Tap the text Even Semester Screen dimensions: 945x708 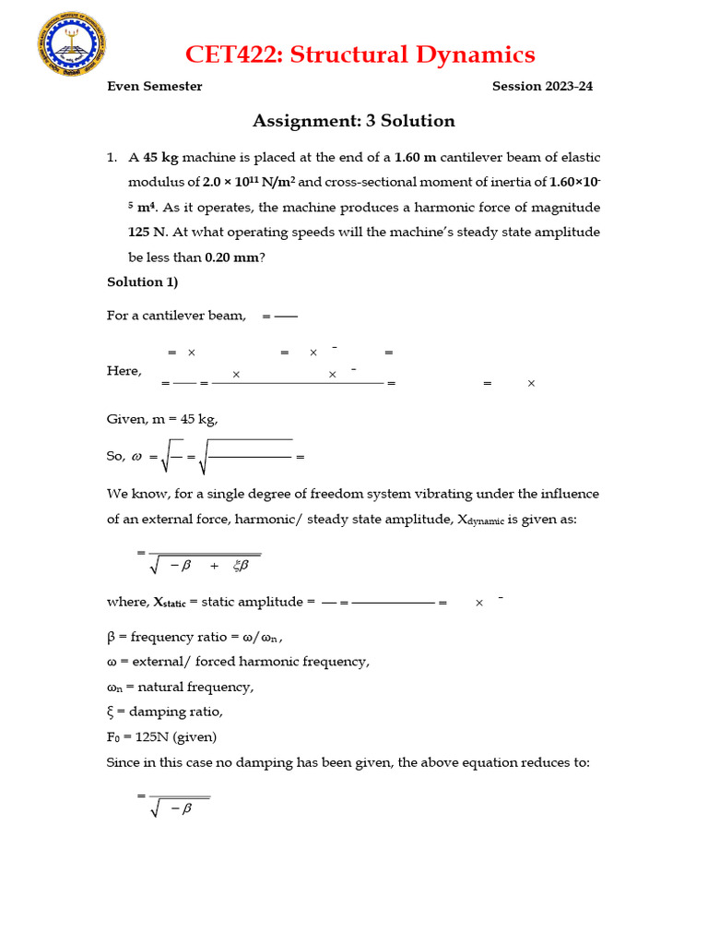pyautogui.click(x=154, y=87)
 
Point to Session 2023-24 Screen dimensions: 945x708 pyautogui.click(x=542, y=87)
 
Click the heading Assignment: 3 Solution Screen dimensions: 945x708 pyautogui.click(x=353, y=121)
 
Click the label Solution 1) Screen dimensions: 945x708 pyautogui.click(x=142, y=282)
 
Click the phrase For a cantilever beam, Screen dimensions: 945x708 pyautogui.click(x=176, y=316)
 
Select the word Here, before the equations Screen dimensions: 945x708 pyautogui.click(x=124, y=371)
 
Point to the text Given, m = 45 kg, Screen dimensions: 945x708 pyautogui.click(x=162, y=419)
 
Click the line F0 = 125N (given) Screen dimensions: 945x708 pyautogui.click(x=161, y=736)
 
